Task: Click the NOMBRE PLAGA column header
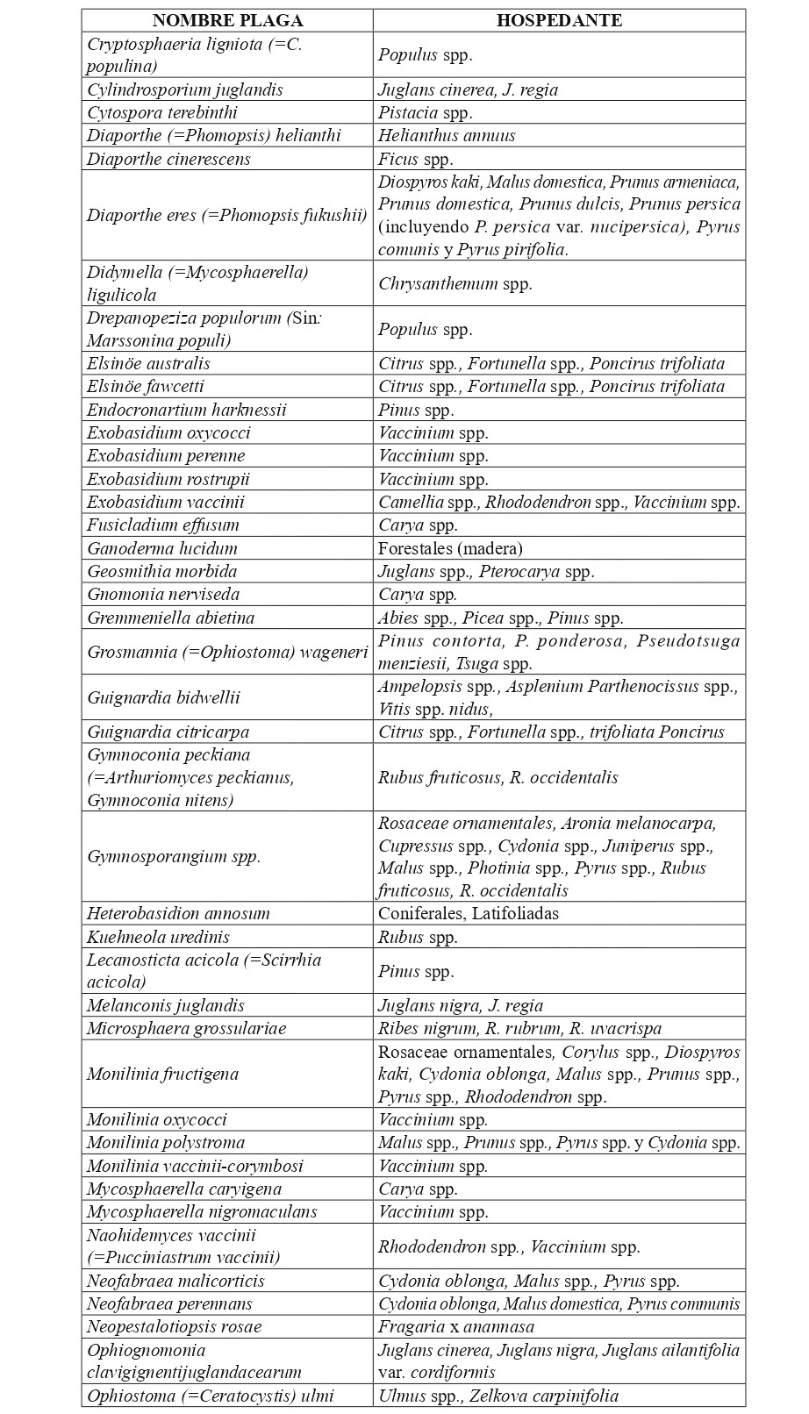pos(227,21)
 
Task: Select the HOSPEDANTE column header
pos(559,21)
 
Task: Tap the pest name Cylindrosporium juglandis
pos(185,89)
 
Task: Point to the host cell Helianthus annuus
pos(447,135)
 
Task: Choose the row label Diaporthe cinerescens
pos(168,159)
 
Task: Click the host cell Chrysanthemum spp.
pos(455,283)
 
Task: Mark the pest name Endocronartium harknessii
pos(187,410)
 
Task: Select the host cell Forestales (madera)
pos(450,548)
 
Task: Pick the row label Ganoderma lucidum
pos(162,548)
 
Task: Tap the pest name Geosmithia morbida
pos(162,571)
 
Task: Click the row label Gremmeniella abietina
pos(171,618)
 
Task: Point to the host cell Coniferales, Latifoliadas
pos(469,913)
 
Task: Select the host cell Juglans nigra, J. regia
pos(461,1005)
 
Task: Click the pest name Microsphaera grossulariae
pos(187,1028)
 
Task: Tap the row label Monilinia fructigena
pos(163,1074)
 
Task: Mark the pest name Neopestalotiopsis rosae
pos(175,1326)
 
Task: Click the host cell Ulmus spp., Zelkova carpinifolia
pos(498,1396)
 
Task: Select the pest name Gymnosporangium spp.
pos(174,856)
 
